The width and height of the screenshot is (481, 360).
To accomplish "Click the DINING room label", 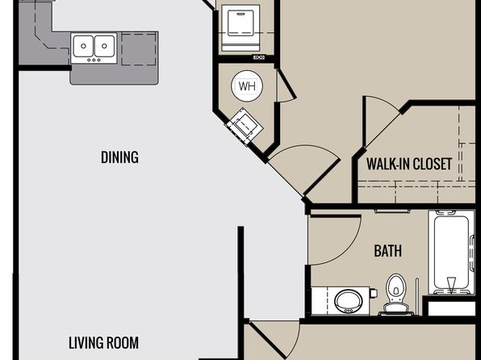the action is pos(119,157).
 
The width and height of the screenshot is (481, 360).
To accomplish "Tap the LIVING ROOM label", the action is pos(103,343).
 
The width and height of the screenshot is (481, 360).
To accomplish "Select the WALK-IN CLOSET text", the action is pos(409,164).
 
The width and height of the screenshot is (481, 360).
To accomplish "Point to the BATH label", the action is pos(387,251).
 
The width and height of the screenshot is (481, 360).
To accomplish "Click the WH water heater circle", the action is pos(247,86).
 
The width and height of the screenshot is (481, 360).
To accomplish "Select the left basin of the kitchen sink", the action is pos(83,46).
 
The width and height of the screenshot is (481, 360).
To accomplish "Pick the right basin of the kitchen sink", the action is pos(104,46).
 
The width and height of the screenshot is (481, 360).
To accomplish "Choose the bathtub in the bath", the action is pos(451,253).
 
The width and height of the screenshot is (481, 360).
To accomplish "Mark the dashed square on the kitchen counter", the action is pos(138,49).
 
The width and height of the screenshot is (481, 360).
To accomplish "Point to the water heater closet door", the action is pos(286,86).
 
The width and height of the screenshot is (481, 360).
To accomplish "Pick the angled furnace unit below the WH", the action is pos(245,127).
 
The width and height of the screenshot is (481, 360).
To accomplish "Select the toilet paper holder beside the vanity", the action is pos(374,293).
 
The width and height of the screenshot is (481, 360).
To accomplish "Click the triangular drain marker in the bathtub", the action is pos(451,285).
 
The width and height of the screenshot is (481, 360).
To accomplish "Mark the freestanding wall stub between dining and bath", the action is pos(240,273).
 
